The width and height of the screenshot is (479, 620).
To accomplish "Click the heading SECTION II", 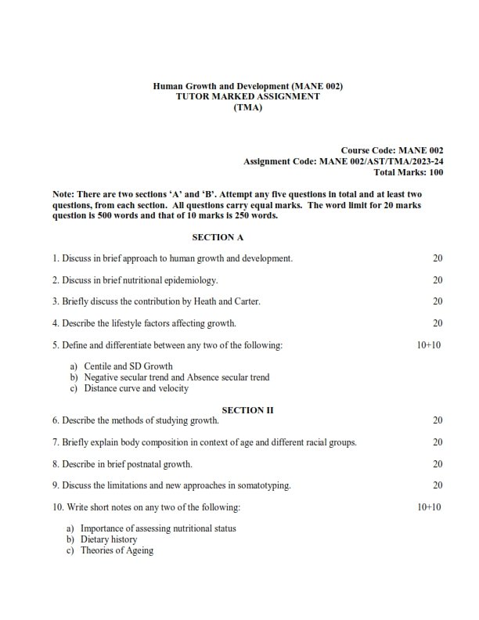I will (248, 409).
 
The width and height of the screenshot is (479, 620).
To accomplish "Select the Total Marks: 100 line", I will (409, 171).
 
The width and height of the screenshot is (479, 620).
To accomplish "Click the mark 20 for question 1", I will (438, 258).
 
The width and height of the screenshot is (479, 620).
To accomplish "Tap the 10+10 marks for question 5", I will (429, 344).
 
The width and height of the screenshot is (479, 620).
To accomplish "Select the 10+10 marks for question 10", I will (429, 507).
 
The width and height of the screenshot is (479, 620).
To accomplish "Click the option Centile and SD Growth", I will (128, 366).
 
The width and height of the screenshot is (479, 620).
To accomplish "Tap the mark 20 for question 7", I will (438, 442).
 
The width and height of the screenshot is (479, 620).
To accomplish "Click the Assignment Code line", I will (344, 160).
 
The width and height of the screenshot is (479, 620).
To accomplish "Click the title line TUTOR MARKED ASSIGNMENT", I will (248, 96).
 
